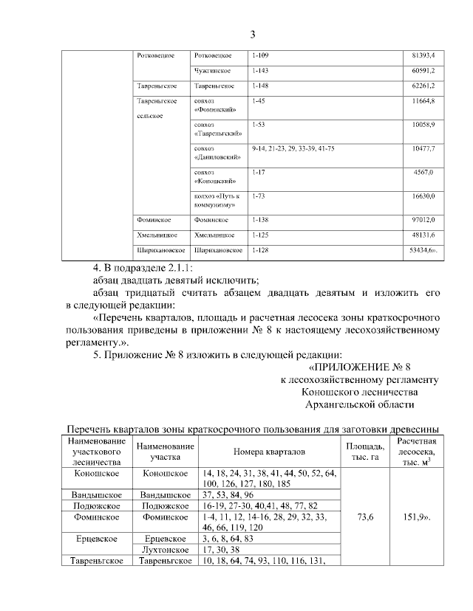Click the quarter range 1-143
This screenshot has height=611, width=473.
[260, 71]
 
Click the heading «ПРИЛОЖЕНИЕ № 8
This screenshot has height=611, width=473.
[358, 367]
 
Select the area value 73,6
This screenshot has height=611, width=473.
[365, 519]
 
